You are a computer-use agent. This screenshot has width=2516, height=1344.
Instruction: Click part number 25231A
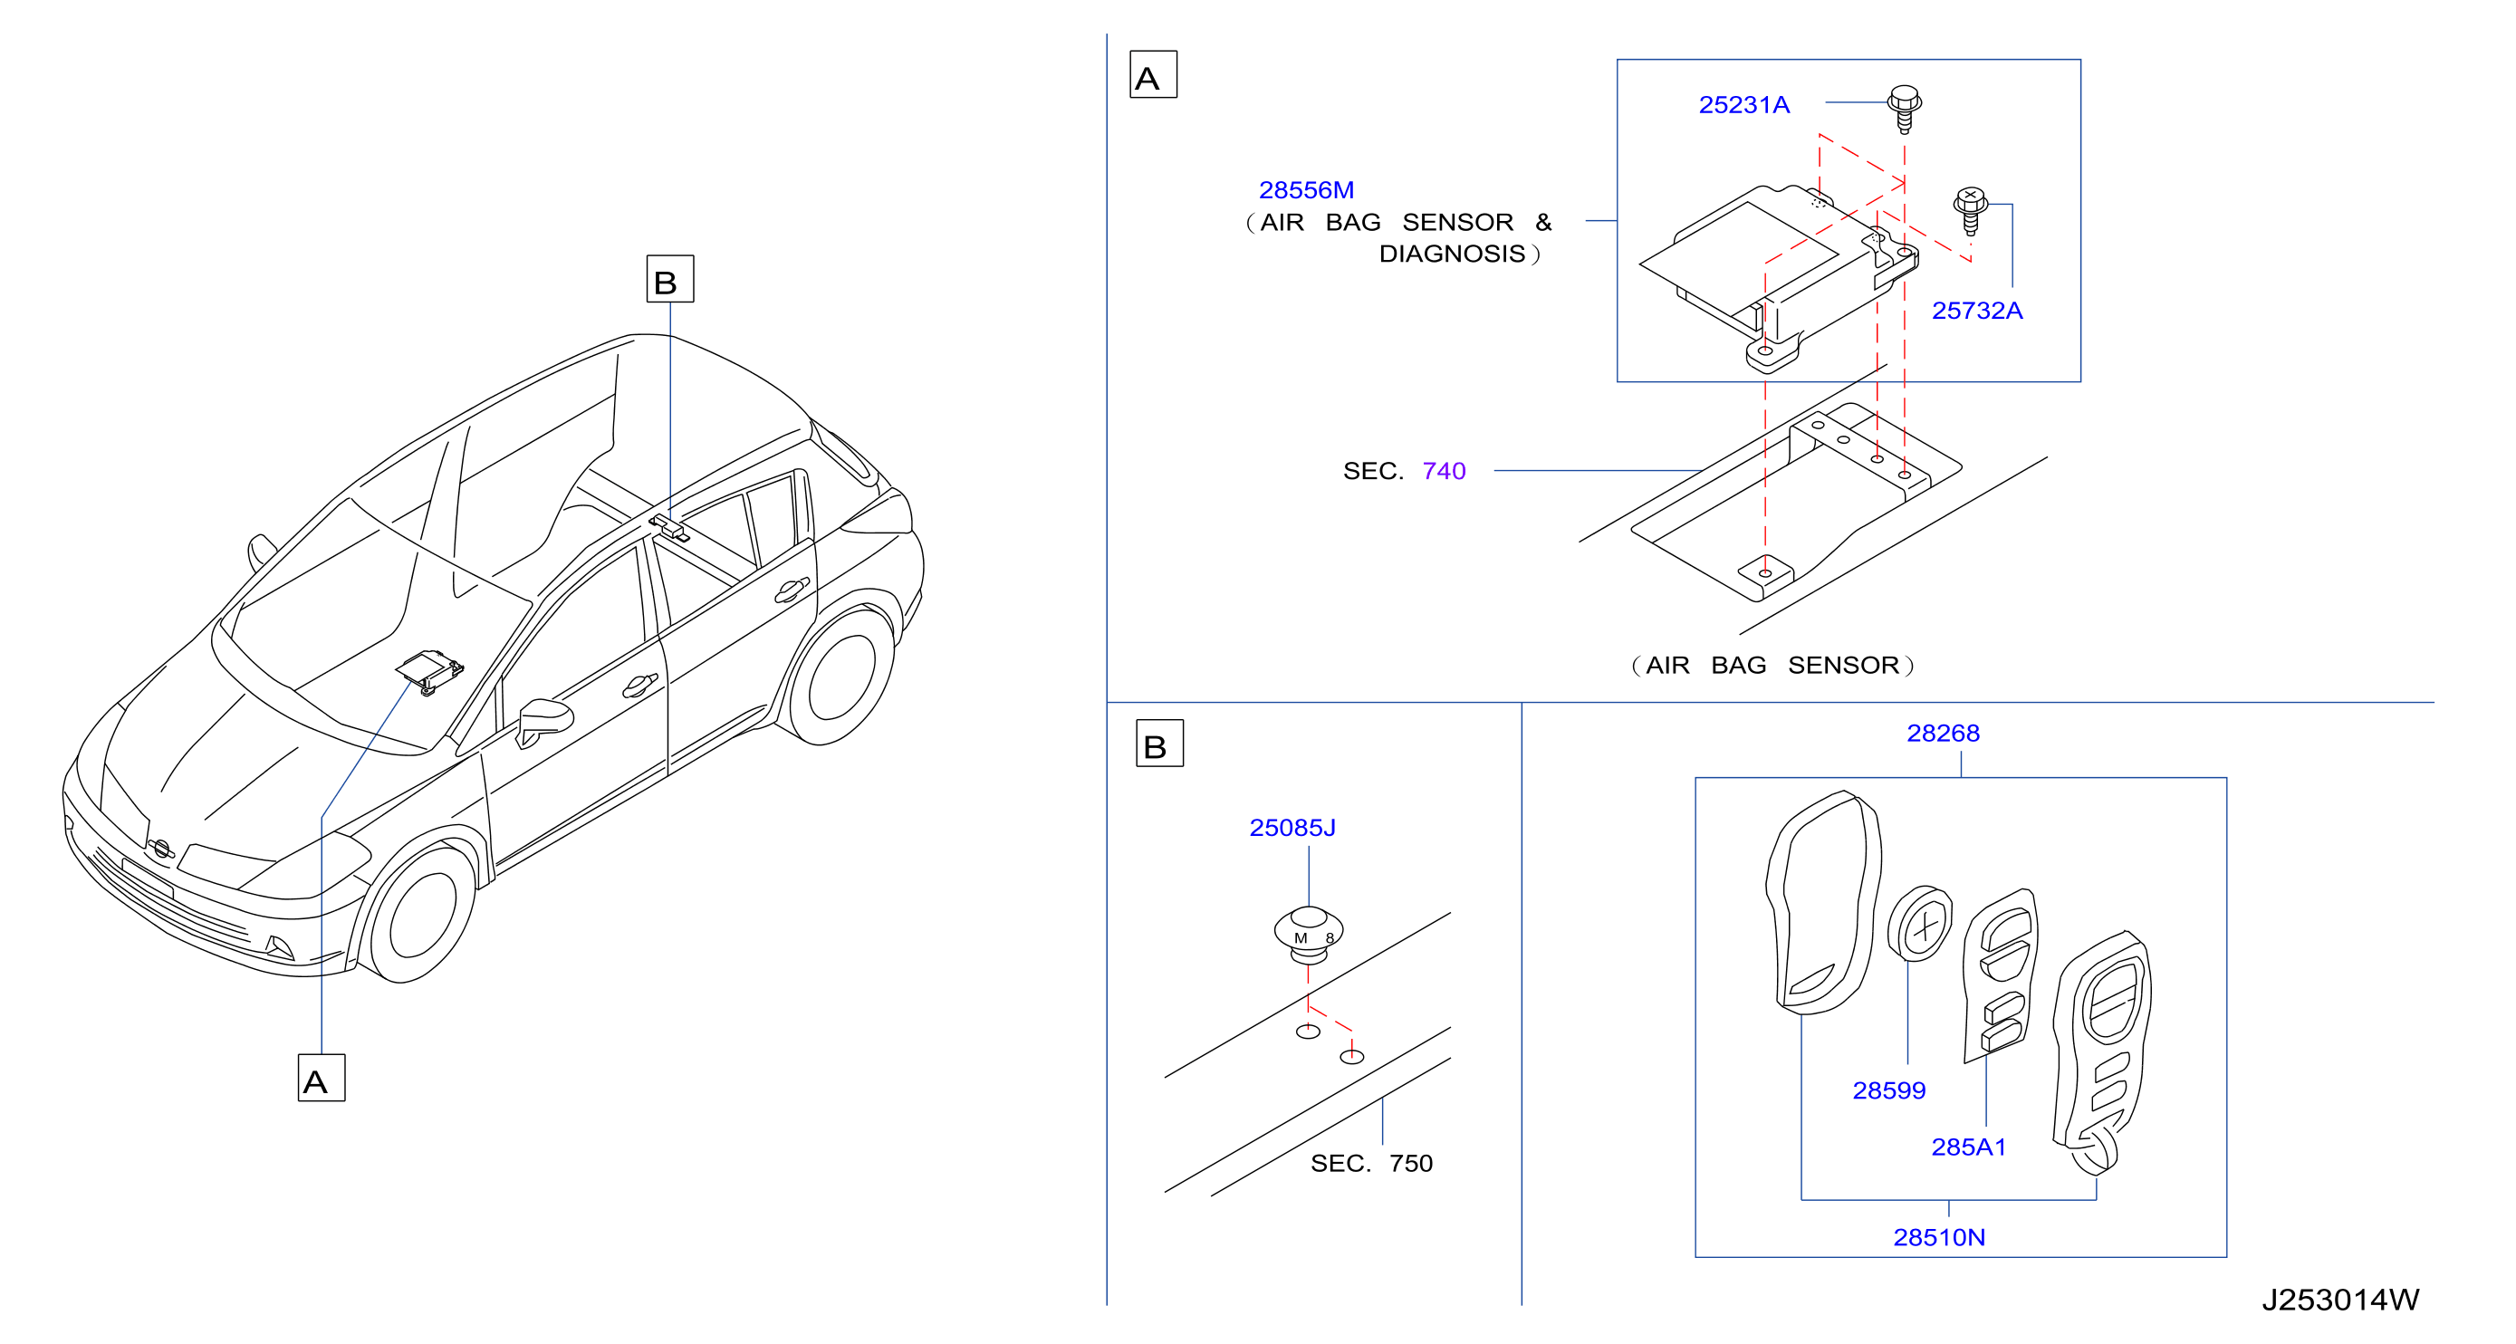pyautogui.click(x=1743, y=104)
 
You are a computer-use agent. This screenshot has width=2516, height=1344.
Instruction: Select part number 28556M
pyautogui.click(x=1306, y=189)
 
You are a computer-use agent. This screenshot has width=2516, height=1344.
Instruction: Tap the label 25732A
pyautogui.click(x=1977, y=311)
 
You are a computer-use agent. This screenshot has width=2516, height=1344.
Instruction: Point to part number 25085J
pyautogui.click(x=1292, y=827)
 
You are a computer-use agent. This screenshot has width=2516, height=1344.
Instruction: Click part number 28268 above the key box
pyautogui.click(x=1943, y=734)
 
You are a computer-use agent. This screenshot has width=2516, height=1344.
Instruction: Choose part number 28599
pyautogui.click(x=1889, y=1090)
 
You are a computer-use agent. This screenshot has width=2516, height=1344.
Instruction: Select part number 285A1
pyautogui.click(x=1968, y=1147)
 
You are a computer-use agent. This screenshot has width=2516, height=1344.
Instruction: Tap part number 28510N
pyautogui.click(x=1939, y=1237)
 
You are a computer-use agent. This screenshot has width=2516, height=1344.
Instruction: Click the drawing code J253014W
pyautogui.click(x=2340, y=1300)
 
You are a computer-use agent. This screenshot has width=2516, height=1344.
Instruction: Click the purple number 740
pyautogui.click(x=1444, y=471)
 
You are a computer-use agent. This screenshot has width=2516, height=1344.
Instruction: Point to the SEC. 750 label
pyautogui.click(x=1371, y=1163)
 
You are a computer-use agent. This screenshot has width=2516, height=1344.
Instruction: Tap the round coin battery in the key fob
pyautogui.click(x=1919, y=923)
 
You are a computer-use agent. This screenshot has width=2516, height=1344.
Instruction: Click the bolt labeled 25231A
pyautogui.click(x=1905, y=109)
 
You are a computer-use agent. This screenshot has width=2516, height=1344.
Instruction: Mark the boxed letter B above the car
pyautogui.click(x=670, y=279)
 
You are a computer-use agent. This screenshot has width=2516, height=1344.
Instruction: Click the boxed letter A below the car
pyautogui.click(x=322, y=1078)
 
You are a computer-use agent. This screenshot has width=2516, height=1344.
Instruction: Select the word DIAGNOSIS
pyautogui.click(x=1452, y=254)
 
